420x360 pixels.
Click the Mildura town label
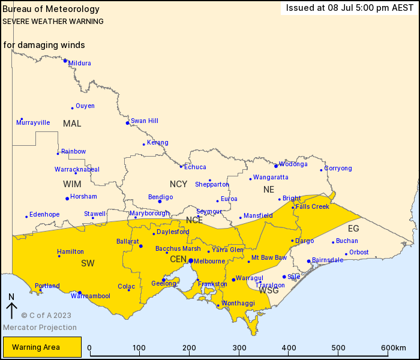(80, 63)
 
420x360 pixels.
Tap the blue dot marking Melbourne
(190, 261)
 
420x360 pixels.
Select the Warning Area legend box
(41, 347)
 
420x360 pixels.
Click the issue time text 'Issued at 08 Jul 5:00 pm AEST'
(350, 8)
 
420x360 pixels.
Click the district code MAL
(72, 124)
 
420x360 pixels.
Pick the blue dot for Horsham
(67, 199)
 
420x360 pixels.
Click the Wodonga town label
(293, 164)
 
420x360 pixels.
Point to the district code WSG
(268, 290)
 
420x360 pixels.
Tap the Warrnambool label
(91, 296)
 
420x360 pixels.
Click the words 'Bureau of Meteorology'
(51, 9)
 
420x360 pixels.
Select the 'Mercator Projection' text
(40, 327)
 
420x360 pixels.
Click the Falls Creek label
(313, 206)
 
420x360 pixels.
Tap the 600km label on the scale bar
(393, 348)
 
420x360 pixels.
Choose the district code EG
(353, 229)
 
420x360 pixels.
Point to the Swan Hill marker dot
(127, 123)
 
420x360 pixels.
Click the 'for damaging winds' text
(44, 45)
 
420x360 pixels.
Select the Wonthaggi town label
(238, 303)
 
